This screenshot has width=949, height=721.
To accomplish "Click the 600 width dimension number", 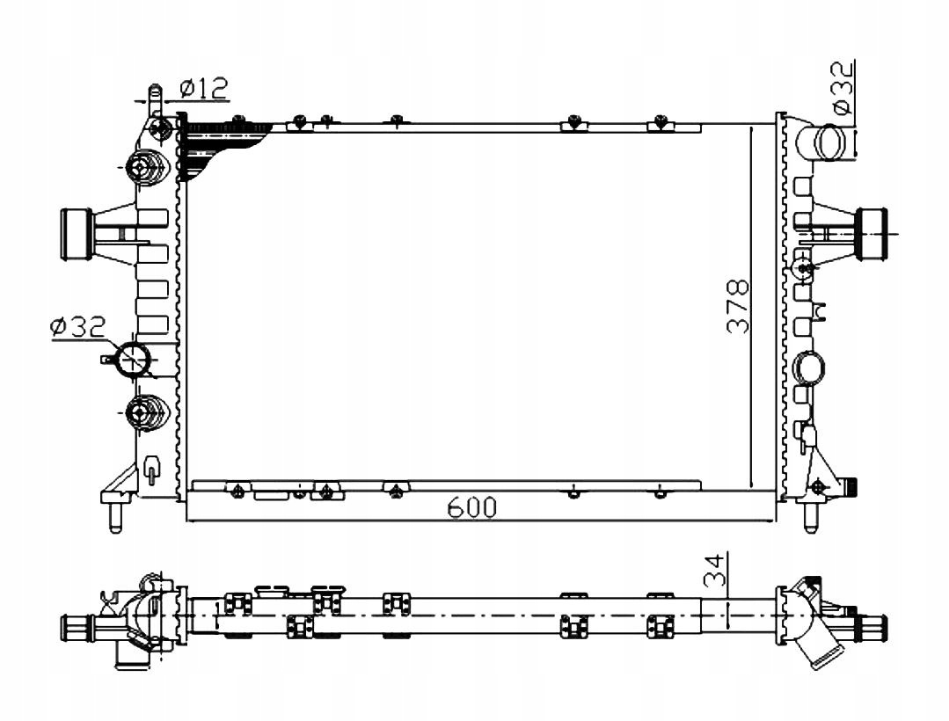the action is pos(471,507).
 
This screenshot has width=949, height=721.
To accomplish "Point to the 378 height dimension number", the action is pos(738,307).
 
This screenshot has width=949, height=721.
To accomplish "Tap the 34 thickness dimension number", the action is pos(715,570).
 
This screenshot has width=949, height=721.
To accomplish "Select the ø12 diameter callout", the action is pos(204,88).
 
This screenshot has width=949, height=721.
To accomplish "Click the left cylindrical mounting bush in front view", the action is pos(77,235).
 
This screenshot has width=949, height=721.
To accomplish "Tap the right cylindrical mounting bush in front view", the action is pos(872,234).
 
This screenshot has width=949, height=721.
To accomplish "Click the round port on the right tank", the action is pos(809,368).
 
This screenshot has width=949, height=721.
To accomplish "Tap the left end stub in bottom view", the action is pos(77,623).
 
